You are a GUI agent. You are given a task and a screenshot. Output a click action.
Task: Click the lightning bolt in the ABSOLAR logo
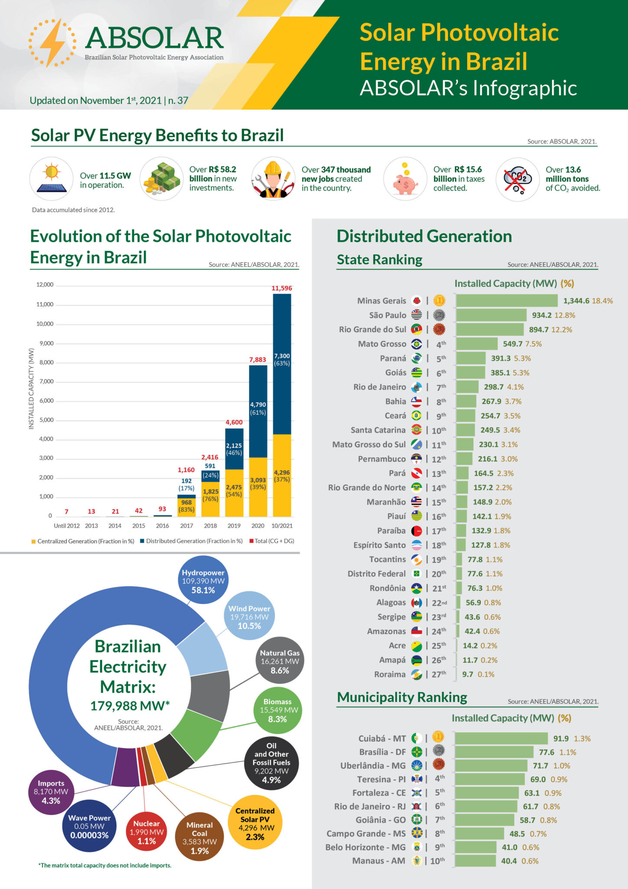pyautogui.click(x=52, y=43)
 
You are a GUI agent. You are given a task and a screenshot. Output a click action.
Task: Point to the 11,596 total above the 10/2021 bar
pyautogui.click(x=282, y=288)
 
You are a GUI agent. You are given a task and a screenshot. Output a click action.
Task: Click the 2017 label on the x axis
pyautogui.click(x=186, y=526)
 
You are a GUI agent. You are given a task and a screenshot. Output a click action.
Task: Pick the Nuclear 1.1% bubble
pyautogui.click(x=147, y=832)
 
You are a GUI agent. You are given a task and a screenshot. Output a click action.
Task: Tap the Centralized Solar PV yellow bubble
pyautogui.click(x=255, y=823)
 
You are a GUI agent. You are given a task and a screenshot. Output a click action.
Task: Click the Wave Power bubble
pyautogui.click(x=89, y=826)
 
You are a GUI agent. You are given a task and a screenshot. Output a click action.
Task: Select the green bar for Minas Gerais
pyautogui.click(x=507, y=301)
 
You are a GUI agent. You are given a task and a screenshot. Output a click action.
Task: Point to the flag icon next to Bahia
pyautogui.click(x=416, y=401)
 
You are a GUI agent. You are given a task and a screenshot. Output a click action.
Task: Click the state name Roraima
pyautogui.click(x=390, y=674)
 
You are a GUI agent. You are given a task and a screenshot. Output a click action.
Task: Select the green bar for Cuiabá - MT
pyautogui.click(x=501, y=738)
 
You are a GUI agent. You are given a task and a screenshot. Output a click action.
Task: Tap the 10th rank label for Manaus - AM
pyautogui.click(x=438, y=860)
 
